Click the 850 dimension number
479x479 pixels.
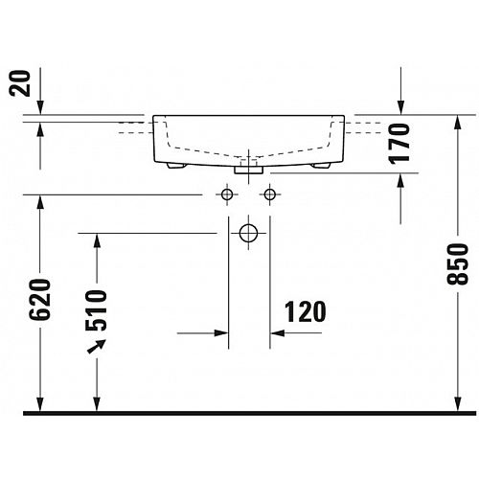pyautogui.click(x=457, y=263)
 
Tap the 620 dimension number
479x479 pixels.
pyautogui.click(x=40, y=299)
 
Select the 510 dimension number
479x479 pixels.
pyautogui.click(x=96, y=310)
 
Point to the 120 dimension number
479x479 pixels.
pyautogui.click(x=305, y=311)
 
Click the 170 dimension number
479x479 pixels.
pyautogui.click(x=399, y=144)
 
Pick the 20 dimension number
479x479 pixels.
pyautogui.click(x=19, y=83)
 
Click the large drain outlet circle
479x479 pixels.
pyautogui.click(x=248, y=233)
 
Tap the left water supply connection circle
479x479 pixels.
pyautogui.click(x=227, y=194)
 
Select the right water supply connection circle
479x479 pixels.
pyautogui.click(x=270, y=194)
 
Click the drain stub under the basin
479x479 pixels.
pyautogui.click(x=248, y=170)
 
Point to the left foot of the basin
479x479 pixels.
pyautogui.click(x=176, y=166)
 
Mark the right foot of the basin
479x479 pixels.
pyautogui.click(x=321, y=166)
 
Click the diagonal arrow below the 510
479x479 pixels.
pyautogui.click(x=97, y=347)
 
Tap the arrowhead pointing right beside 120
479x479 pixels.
pyautogui.click(x=221, y=333)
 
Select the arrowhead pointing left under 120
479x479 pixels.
pyautogui.click(x=278, y=333)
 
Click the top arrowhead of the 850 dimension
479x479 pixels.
pyautogui.click(x=458, y=123)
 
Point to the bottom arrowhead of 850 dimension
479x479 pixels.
pyautogui.click(x=458, y=404)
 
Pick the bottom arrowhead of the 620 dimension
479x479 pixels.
pyautogui.click(x=40, y=404)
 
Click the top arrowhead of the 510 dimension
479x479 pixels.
pyautogui.click(x=97, y=240)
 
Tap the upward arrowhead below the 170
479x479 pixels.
pyautogui.click(x=400, y=181)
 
